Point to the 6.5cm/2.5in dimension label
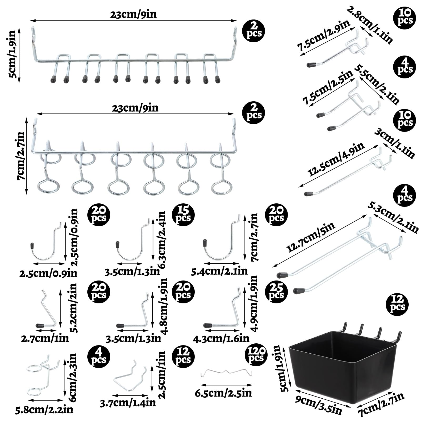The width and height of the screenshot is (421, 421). click(x=223, y=393)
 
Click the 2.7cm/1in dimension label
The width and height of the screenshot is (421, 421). click(x=45, y=338)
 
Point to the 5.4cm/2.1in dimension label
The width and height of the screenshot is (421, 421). click(x=219, y=271)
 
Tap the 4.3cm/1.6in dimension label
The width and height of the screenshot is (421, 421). click(x=221, y=338)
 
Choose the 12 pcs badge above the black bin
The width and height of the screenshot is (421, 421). click(x=397, y=303)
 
